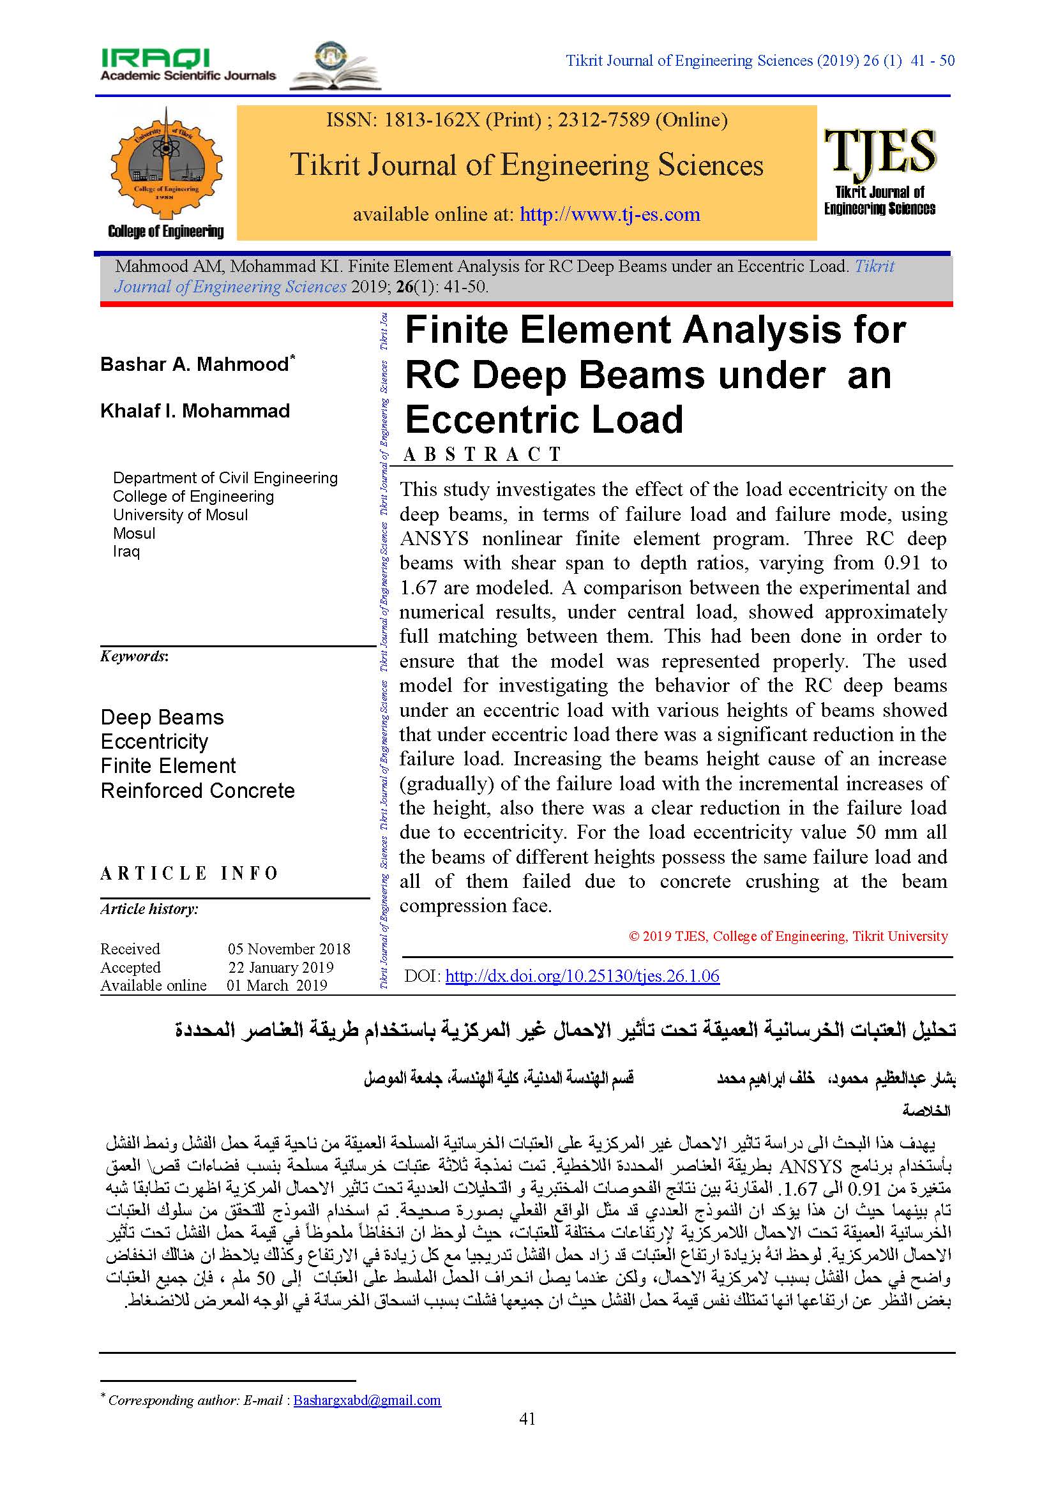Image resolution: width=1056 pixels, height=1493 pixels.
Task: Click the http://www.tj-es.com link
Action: pyautogui.click(x=609, y=214)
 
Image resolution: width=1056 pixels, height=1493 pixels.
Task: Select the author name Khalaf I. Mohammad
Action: pyautogui.click(x=195, y=411)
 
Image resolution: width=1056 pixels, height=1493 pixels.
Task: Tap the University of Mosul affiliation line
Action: pyautogui.click(x=180, y=515)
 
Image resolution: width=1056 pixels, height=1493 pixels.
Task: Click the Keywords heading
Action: pyautogui.click(x=134, y=656)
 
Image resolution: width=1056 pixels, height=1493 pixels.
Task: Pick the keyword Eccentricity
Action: pyautogui.click(x=154, y=741)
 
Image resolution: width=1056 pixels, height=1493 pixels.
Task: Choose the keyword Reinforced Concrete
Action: pyautogui.click(x=198, y=791)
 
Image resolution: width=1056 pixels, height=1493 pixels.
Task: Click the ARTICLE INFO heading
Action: pyautogui.click(x=189, y=873)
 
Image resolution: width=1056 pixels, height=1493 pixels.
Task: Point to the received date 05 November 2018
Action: pyautogui.click(x=289, y=949)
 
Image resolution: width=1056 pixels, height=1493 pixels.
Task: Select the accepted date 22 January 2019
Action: pyautogui.click(x=281, y=967)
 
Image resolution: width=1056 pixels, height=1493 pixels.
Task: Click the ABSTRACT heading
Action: pyautogui.click(x=482, y=454)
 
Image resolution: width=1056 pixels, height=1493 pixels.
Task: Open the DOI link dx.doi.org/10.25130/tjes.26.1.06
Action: pyautogui.click(x=582, y=975)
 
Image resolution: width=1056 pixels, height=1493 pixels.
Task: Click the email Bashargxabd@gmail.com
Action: pyautogui.click(x=366, y=1400)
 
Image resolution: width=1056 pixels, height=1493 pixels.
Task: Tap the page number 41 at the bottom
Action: pyautogui.click(x=527, y=1418)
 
